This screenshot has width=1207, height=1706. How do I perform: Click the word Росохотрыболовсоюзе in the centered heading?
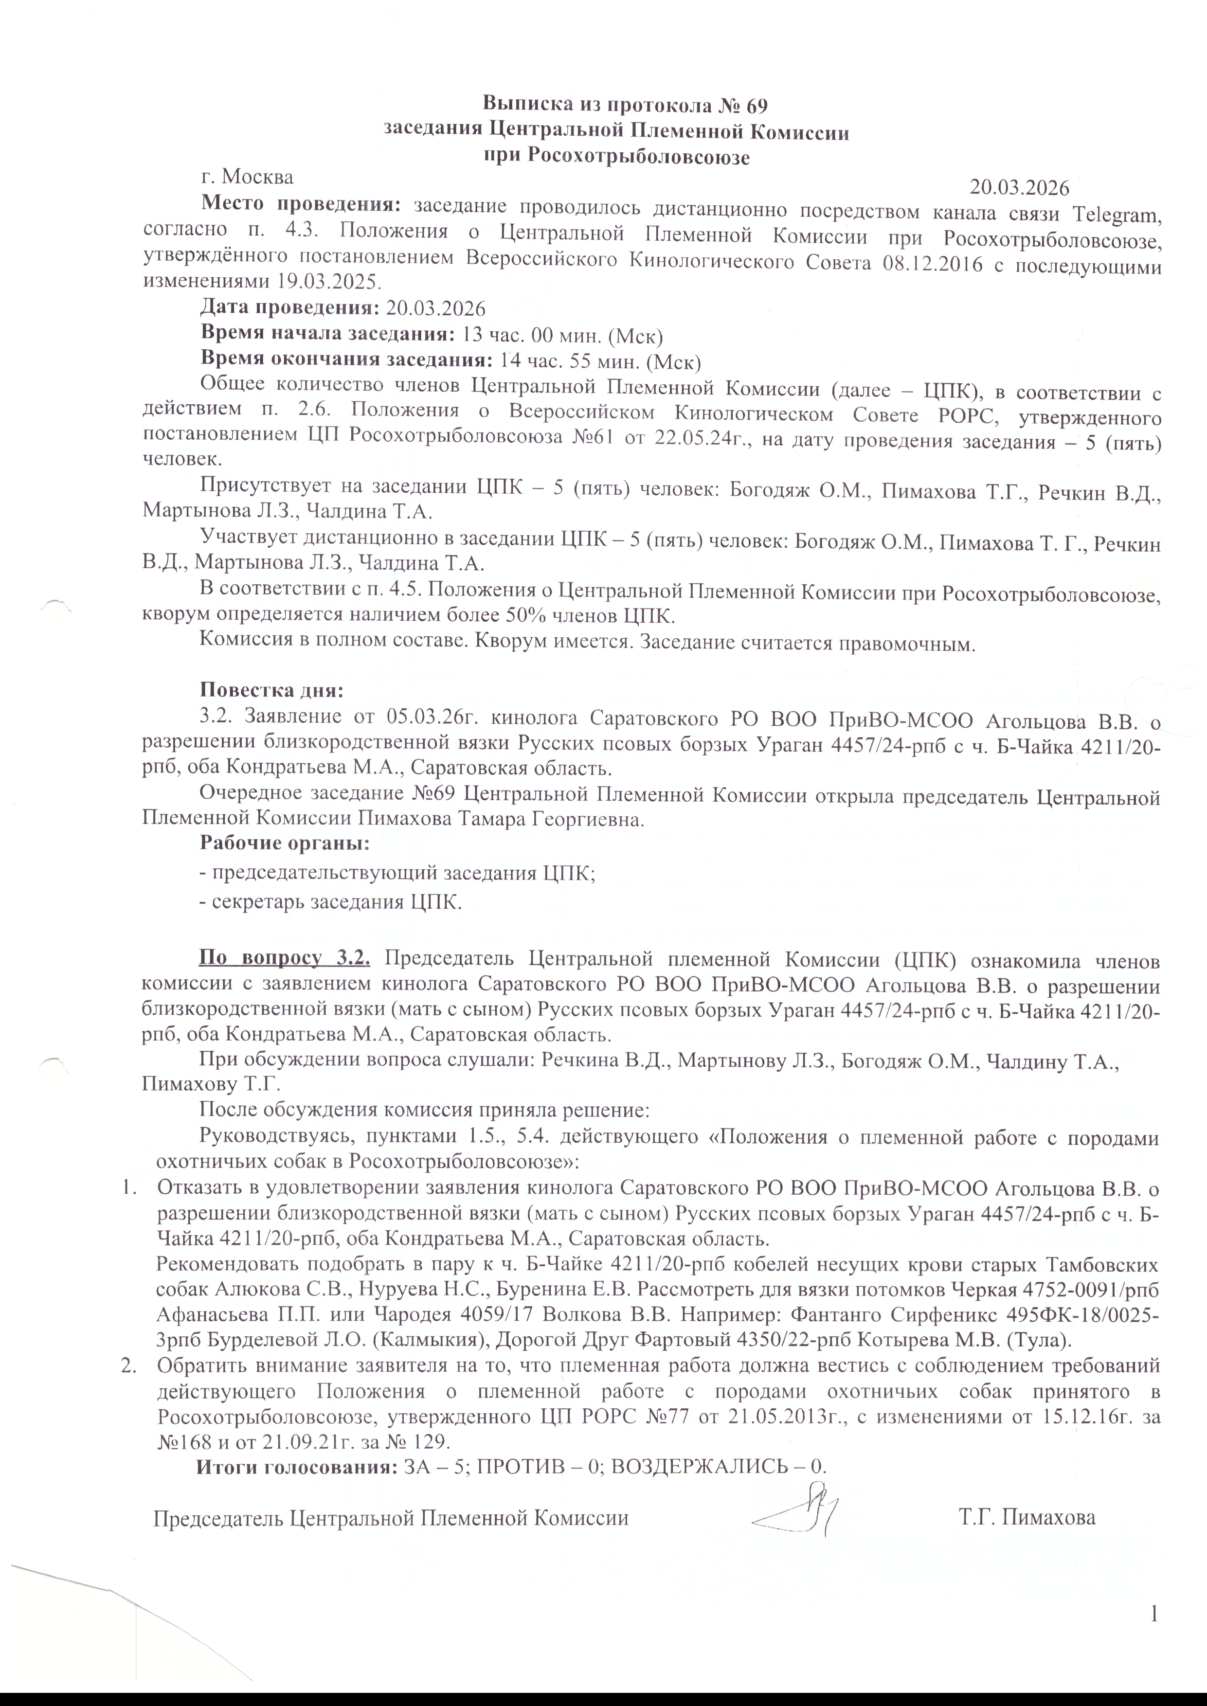[x=637, y=156]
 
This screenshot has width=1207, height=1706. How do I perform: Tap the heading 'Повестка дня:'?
[x=271, y=690]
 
